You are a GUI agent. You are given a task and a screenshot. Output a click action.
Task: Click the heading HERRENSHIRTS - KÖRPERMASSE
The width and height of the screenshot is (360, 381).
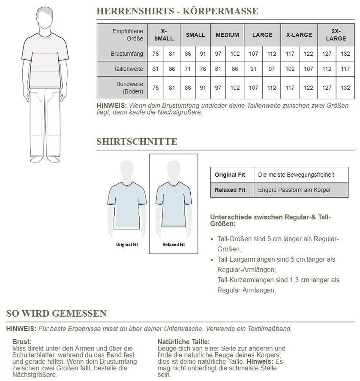coord(177,11)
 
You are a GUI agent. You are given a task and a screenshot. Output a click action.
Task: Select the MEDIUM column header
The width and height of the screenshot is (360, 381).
coord(227,35)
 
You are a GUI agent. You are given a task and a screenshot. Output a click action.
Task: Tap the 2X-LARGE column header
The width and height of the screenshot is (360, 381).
coord(336,35)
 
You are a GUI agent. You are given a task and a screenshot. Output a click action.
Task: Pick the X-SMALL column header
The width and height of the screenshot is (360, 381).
coord(164,35)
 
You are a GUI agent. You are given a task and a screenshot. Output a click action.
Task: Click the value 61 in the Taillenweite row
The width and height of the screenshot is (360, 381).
coord(156,69)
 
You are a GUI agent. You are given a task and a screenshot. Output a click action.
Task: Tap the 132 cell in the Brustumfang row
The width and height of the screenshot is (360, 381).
coord(345,54)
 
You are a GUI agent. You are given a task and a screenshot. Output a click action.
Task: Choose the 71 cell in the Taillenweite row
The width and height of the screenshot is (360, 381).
coord(188,69)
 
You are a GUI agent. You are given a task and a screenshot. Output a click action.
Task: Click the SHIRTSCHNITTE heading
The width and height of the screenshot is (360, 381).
coord(137,142)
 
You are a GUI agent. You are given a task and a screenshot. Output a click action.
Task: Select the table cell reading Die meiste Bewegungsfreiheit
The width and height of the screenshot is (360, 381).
coord(296,175)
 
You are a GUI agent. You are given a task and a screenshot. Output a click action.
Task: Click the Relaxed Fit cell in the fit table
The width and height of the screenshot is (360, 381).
coord(230,190)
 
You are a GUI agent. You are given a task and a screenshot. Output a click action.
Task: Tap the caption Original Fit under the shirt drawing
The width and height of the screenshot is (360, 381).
coord(127,245)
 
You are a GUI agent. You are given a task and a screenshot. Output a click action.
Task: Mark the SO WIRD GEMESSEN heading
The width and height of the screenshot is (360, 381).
coord(56,313)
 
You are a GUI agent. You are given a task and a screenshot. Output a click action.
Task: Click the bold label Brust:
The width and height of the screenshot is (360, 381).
coord(22,342)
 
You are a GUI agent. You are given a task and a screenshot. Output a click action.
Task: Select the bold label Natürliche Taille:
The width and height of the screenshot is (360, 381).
coord(183,342)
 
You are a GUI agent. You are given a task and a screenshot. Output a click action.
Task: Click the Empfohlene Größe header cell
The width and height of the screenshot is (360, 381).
coord(127,35)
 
